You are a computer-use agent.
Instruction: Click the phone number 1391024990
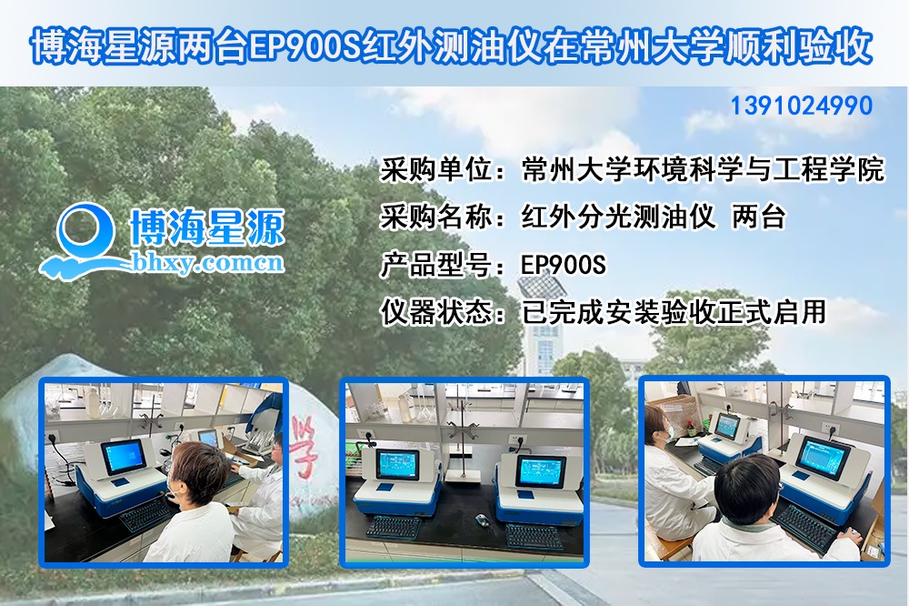tap(801, 106)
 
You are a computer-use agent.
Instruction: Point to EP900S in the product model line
tap(563, 265)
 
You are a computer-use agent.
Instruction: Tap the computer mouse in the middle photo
tap(481, 520)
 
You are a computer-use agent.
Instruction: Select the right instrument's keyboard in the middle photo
tap(533, 536)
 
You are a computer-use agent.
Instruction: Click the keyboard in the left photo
tap(145, 516)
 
